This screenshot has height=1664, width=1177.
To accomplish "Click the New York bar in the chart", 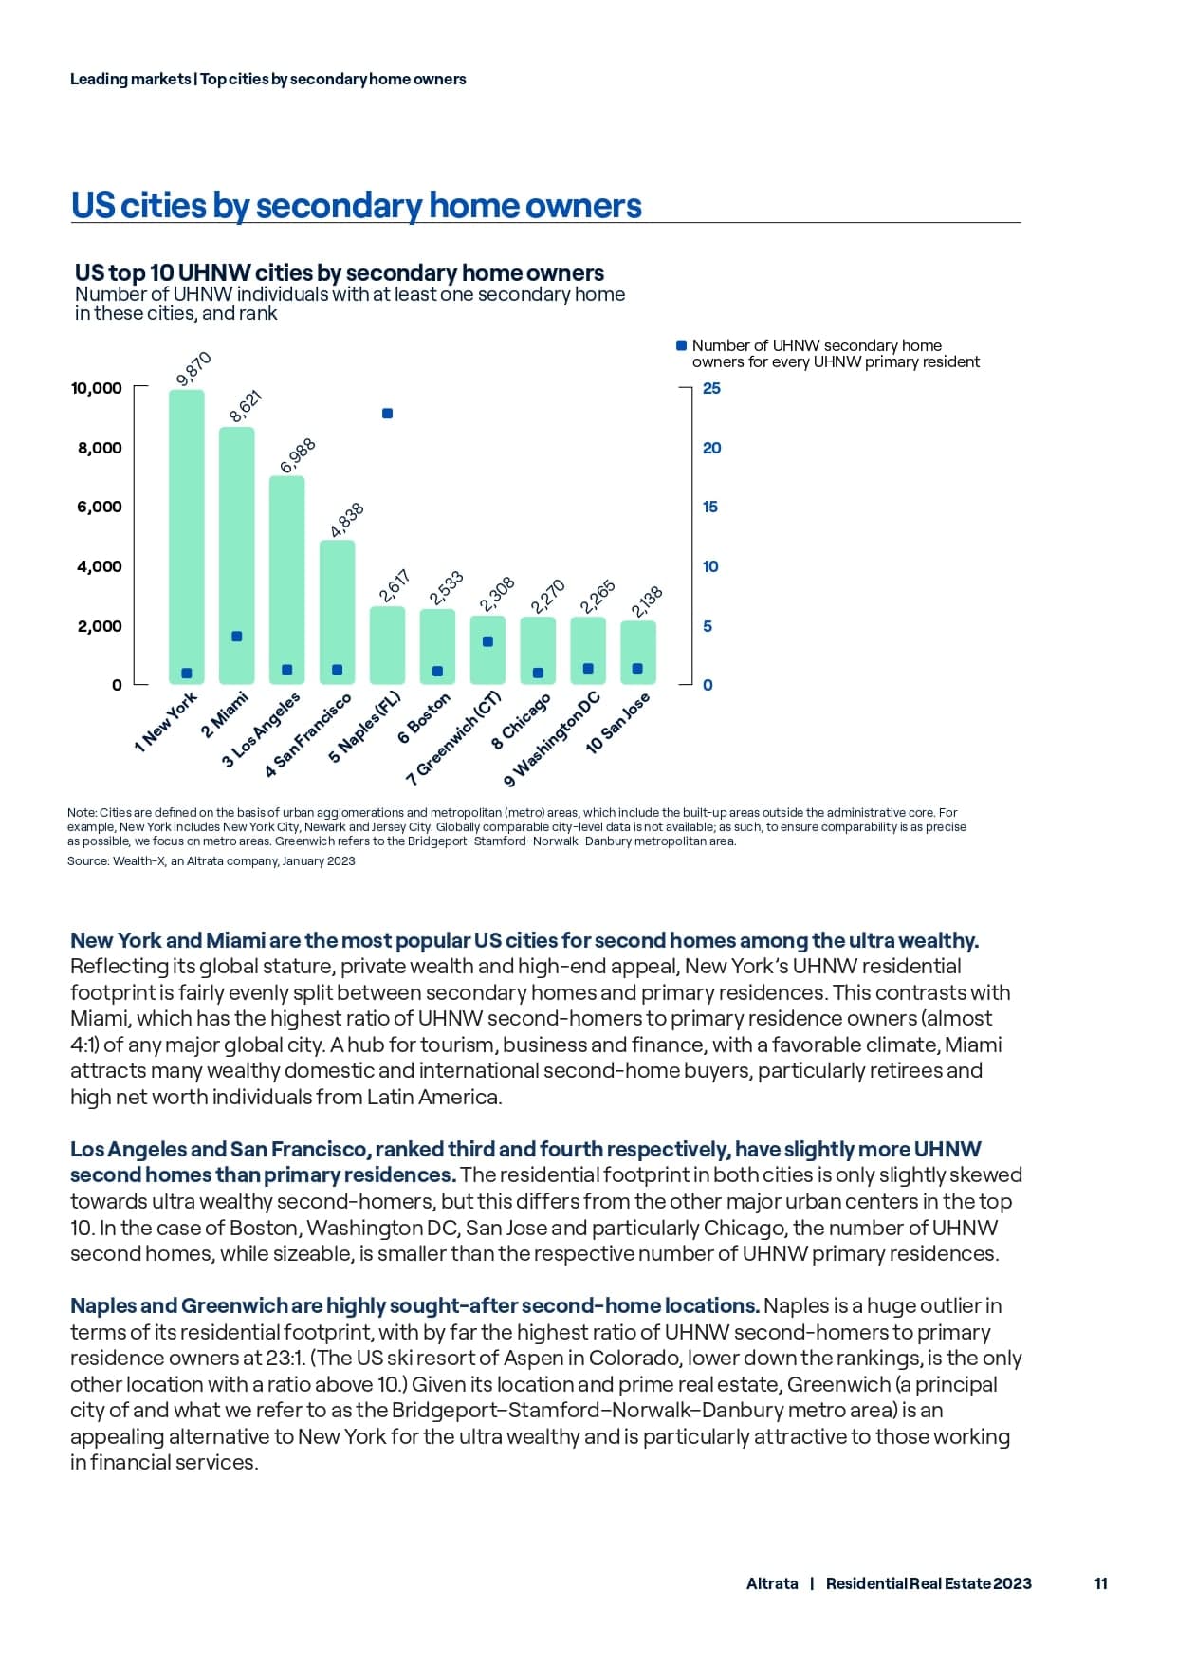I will pyautogui.click(x=187, y=531).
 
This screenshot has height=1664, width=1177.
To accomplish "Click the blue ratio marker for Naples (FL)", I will pyautogui.click(x=387, y=414).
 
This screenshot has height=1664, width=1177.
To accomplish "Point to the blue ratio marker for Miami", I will pyautogui.click(x=237, y=637).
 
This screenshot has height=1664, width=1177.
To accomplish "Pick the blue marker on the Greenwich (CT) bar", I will pyautogui.click(x=487, y=641).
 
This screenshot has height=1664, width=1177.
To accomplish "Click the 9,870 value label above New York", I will pyautogui.click(x=193, y=369).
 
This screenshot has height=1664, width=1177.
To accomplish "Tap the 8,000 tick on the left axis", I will pyautogui.click(x=100, y=448).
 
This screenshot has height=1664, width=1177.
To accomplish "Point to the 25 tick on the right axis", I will pyautogui.click(x=711, y=388).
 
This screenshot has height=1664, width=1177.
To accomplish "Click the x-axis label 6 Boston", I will pyautogui.click(x=424, y=719).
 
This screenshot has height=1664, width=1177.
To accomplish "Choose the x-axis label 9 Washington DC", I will pyautogui.click(x=553, y=740).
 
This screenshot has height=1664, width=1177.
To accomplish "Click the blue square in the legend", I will pyautogui.click(x=681, y=345).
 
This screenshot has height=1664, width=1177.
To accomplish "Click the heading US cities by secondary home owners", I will pyautogui.click(x=356, y=205).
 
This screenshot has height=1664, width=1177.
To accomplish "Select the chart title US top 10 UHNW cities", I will pyautogui.click(x=339, y=273).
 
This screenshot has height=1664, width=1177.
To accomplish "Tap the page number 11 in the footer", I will pyautogui.click(x=1100, y=1583).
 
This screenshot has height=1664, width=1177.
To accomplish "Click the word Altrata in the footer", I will pyautogui.click(x=772, y=1583).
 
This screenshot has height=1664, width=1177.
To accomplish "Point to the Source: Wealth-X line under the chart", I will pyautogui.click(x=211, y=861).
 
